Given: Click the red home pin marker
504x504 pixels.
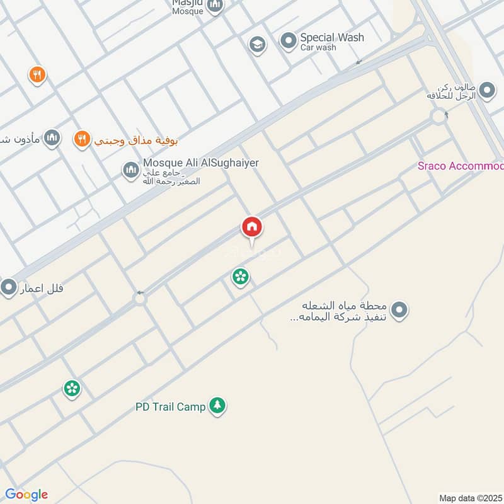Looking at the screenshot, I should coord(252,227).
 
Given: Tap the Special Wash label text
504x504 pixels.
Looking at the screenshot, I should coord(331,38).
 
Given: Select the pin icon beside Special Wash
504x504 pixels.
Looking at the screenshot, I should coord(288,42).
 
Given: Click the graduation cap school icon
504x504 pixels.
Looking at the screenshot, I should coord(256,44).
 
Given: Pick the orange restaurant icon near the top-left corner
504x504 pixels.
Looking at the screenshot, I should coord(37,75).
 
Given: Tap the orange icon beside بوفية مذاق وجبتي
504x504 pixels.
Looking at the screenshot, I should coord(81,139).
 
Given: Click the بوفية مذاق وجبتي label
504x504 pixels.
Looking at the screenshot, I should coord(125,140).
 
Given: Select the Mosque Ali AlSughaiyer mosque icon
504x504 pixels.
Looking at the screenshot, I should coord(130,169).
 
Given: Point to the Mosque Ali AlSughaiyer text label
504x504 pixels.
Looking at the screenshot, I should coord(201,163).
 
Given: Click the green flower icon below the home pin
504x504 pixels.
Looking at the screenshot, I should coord(239,276).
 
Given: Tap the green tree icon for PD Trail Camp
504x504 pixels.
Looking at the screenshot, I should coord(217,406).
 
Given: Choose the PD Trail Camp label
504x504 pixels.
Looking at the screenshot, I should coord(170,407).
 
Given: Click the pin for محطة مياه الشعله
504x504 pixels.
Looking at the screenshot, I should coord(399,310).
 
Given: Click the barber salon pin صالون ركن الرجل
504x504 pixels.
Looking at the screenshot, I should coord(486,91).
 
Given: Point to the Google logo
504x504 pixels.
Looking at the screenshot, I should coord(26,495).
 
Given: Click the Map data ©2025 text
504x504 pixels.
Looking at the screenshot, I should coord(469,498).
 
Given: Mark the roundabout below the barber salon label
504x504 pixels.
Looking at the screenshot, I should coord(438,116).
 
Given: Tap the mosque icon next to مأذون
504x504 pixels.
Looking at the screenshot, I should coord(52,139).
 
